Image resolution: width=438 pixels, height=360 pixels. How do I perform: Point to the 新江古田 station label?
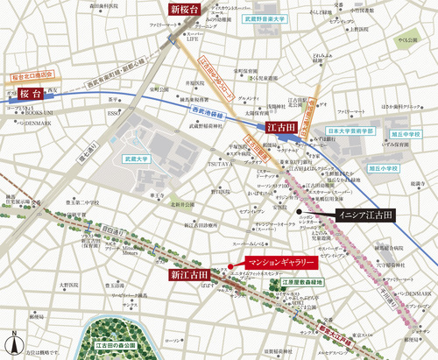191,275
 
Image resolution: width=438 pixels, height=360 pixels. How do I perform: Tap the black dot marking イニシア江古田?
298,212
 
